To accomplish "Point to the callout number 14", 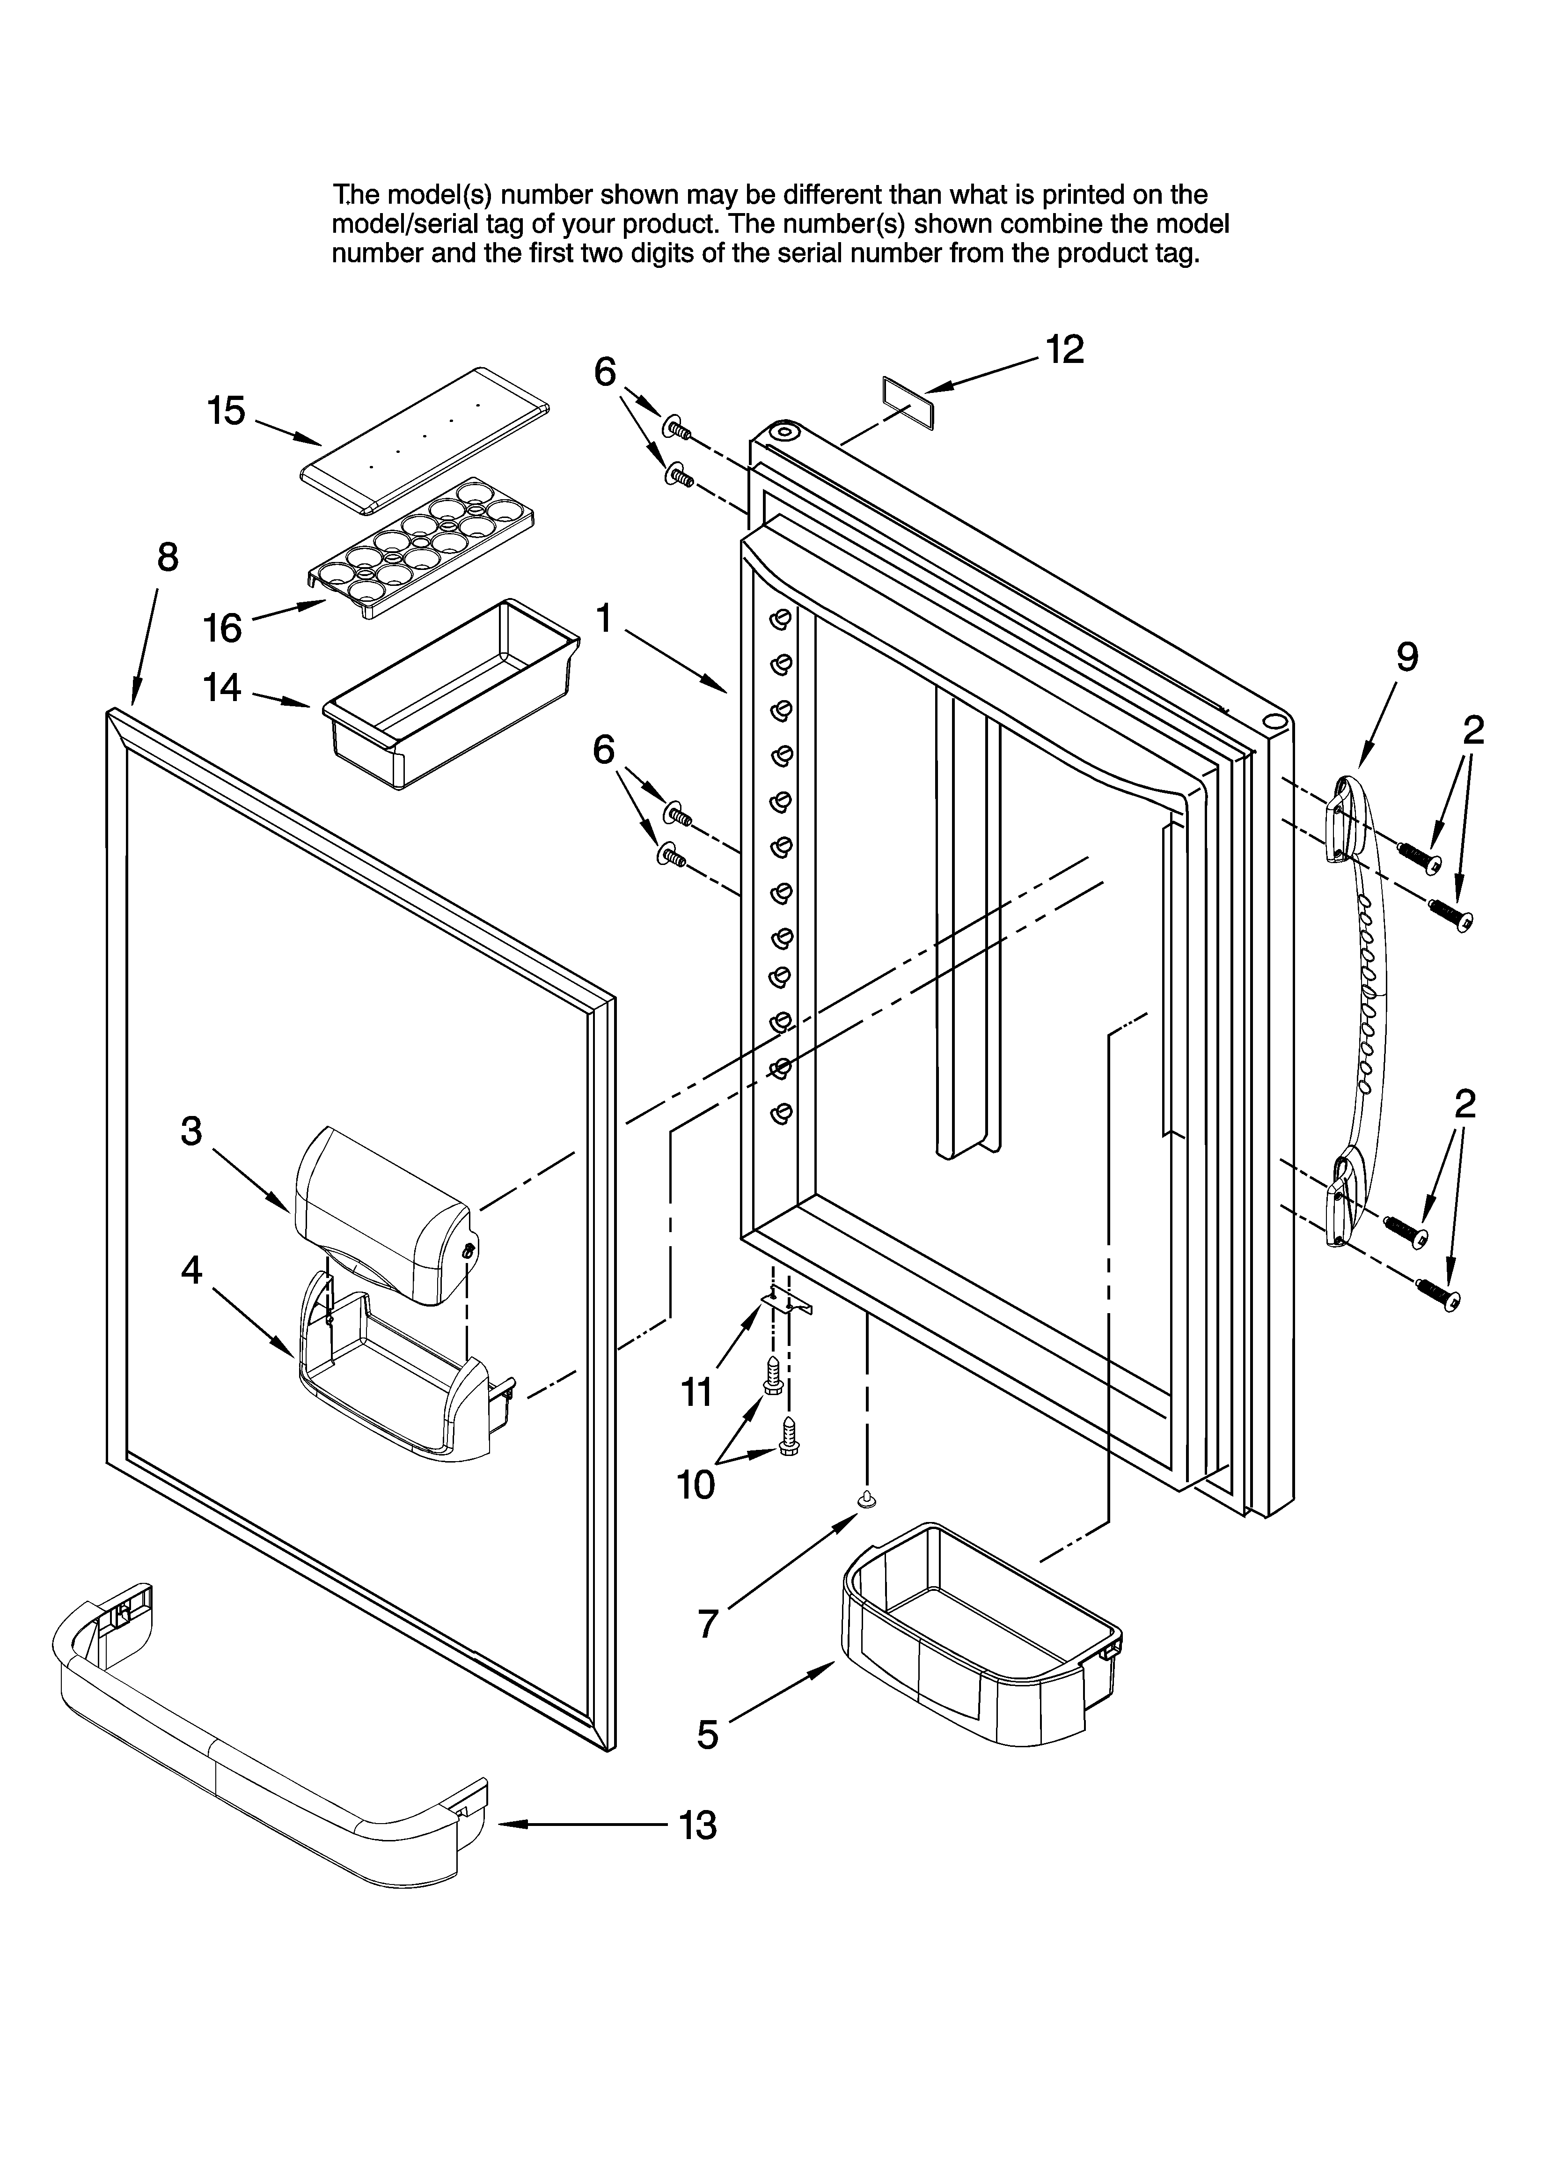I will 222,687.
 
